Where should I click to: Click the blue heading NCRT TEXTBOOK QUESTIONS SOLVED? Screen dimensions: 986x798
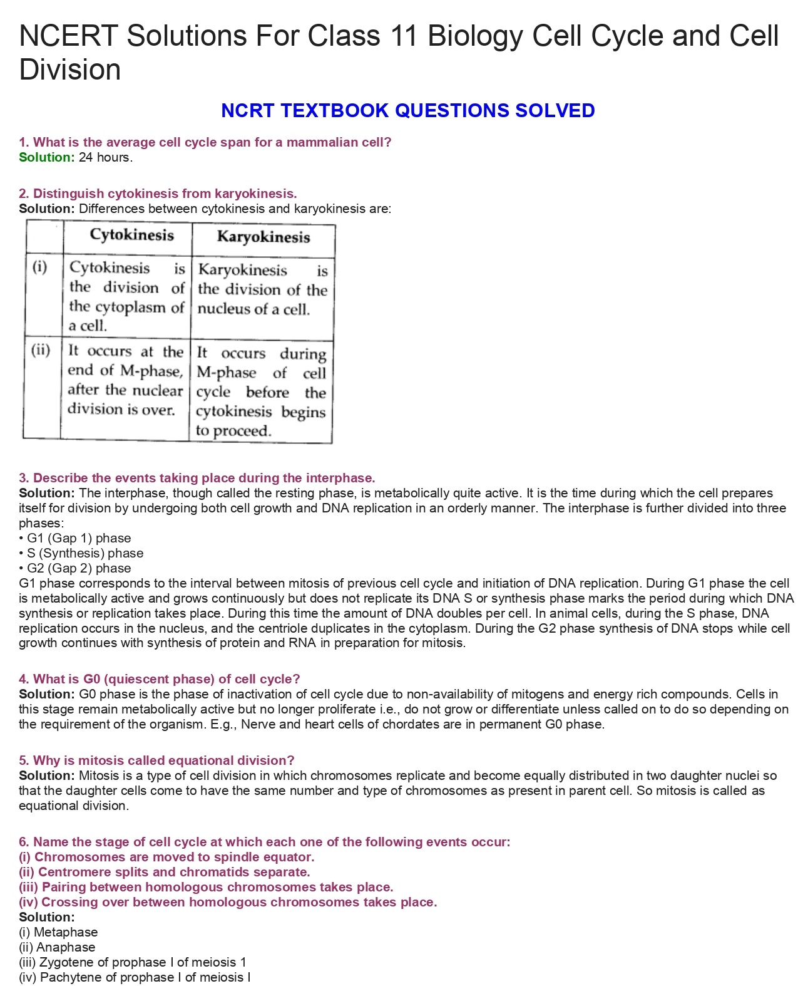tap(407, 111)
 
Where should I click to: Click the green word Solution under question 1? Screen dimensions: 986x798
tap(46, 157)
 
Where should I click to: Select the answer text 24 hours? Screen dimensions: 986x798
tap(106, 157)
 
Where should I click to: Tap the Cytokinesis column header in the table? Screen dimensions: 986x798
tap(131, 235)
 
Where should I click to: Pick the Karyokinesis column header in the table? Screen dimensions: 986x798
tap(263, 237)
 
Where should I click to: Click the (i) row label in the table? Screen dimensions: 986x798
tap(39, 267)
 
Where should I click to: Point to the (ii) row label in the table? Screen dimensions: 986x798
tap(41, 349)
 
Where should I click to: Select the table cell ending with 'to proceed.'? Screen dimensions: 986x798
tap(261, 392)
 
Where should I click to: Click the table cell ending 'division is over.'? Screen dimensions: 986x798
tap(125, 380)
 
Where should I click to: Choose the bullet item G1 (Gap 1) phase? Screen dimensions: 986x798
tap(78, 538)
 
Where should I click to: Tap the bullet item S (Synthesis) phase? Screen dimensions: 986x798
tap(84, 553)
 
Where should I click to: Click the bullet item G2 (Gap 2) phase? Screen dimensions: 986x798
tap(78, 568)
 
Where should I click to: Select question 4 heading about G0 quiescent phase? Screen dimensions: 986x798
tap(160, 679)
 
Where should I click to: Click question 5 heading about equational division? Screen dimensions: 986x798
tap(156, 760)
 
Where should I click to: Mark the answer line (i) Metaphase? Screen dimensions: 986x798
tap(58, 932)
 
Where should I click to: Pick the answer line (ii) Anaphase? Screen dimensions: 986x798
tap(57, 947)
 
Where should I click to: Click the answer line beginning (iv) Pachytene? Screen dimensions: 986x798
tap(135, 977)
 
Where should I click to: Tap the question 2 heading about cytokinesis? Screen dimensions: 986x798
tap(158, 194)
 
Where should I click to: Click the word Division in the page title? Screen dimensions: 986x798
tap(70, 70)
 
